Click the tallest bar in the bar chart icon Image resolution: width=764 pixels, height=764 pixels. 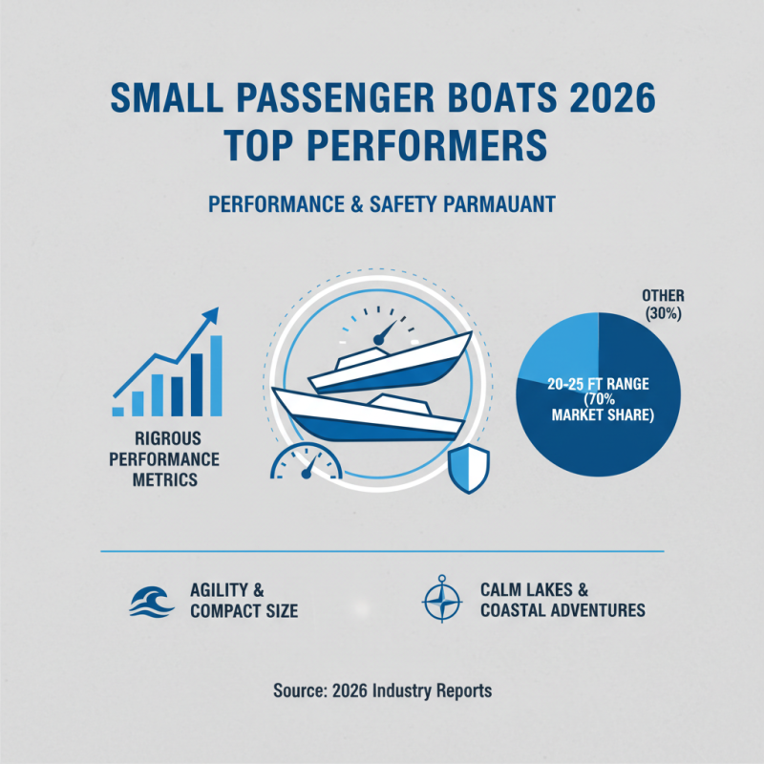click(x=216, y=375)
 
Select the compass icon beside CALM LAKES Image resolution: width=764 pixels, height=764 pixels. click(x=440, y=600)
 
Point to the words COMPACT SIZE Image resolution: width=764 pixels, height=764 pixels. click(x=244, y=610)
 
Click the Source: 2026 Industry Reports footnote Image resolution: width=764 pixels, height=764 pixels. click(x=382, y=690)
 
